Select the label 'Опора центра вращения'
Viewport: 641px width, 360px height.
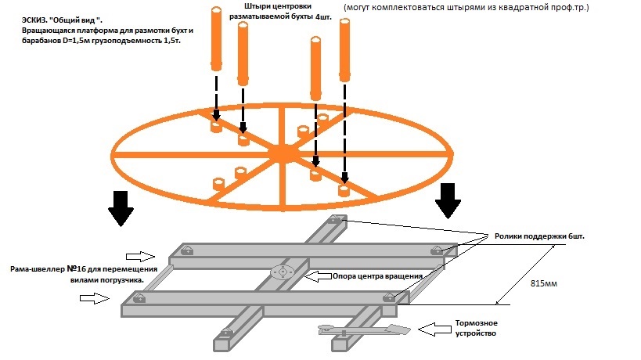point(378,276)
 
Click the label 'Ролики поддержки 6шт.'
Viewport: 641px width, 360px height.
point(540,236)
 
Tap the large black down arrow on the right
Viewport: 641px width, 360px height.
point(449,200)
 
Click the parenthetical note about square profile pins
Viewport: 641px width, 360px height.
point(466,7)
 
